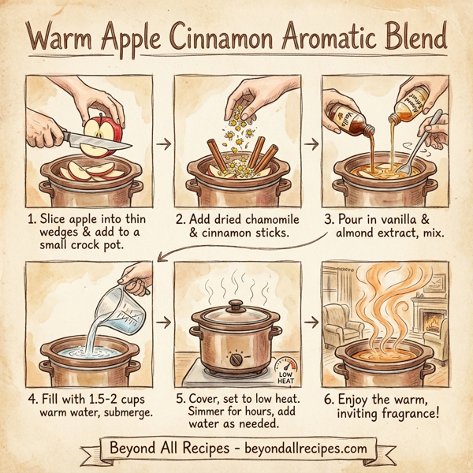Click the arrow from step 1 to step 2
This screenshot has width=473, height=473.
(x=163, y=144)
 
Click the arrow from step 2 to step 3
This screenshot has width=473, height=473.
(x=311, y=144)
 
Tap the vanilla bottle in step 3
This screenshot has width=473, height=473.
(x=348, y=114)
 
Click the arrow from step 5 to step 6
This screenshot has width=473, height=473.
(x=311, y=322)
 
